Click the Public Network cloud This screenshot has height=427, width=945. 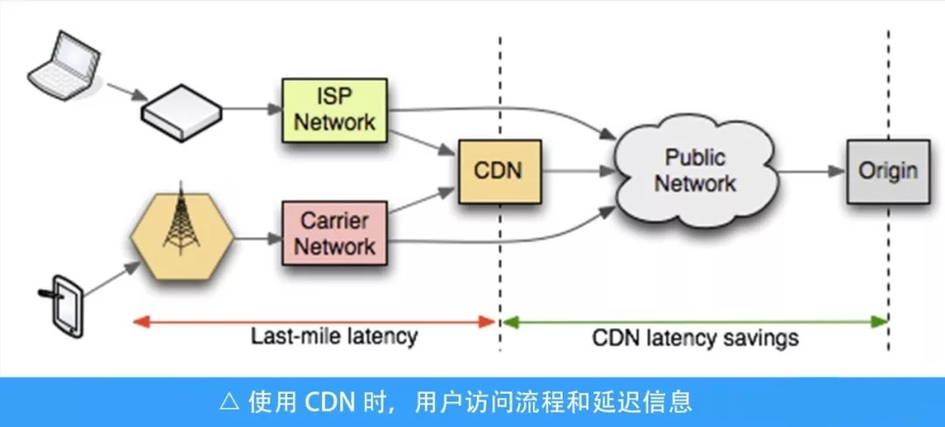click(696, 171)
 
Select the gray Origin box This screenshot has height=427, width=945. click(887, 170)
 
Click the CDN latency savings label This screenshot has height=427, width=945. click(696, 338)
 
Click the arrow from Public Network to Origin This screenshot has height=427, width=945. click(811, 171)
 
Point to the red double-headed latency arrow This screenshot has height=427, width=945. click(315, 321)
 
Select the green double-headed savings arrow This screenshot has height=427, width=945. click(696, 321)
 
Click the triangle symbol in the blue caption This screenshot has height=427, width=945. click(229, 402)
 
